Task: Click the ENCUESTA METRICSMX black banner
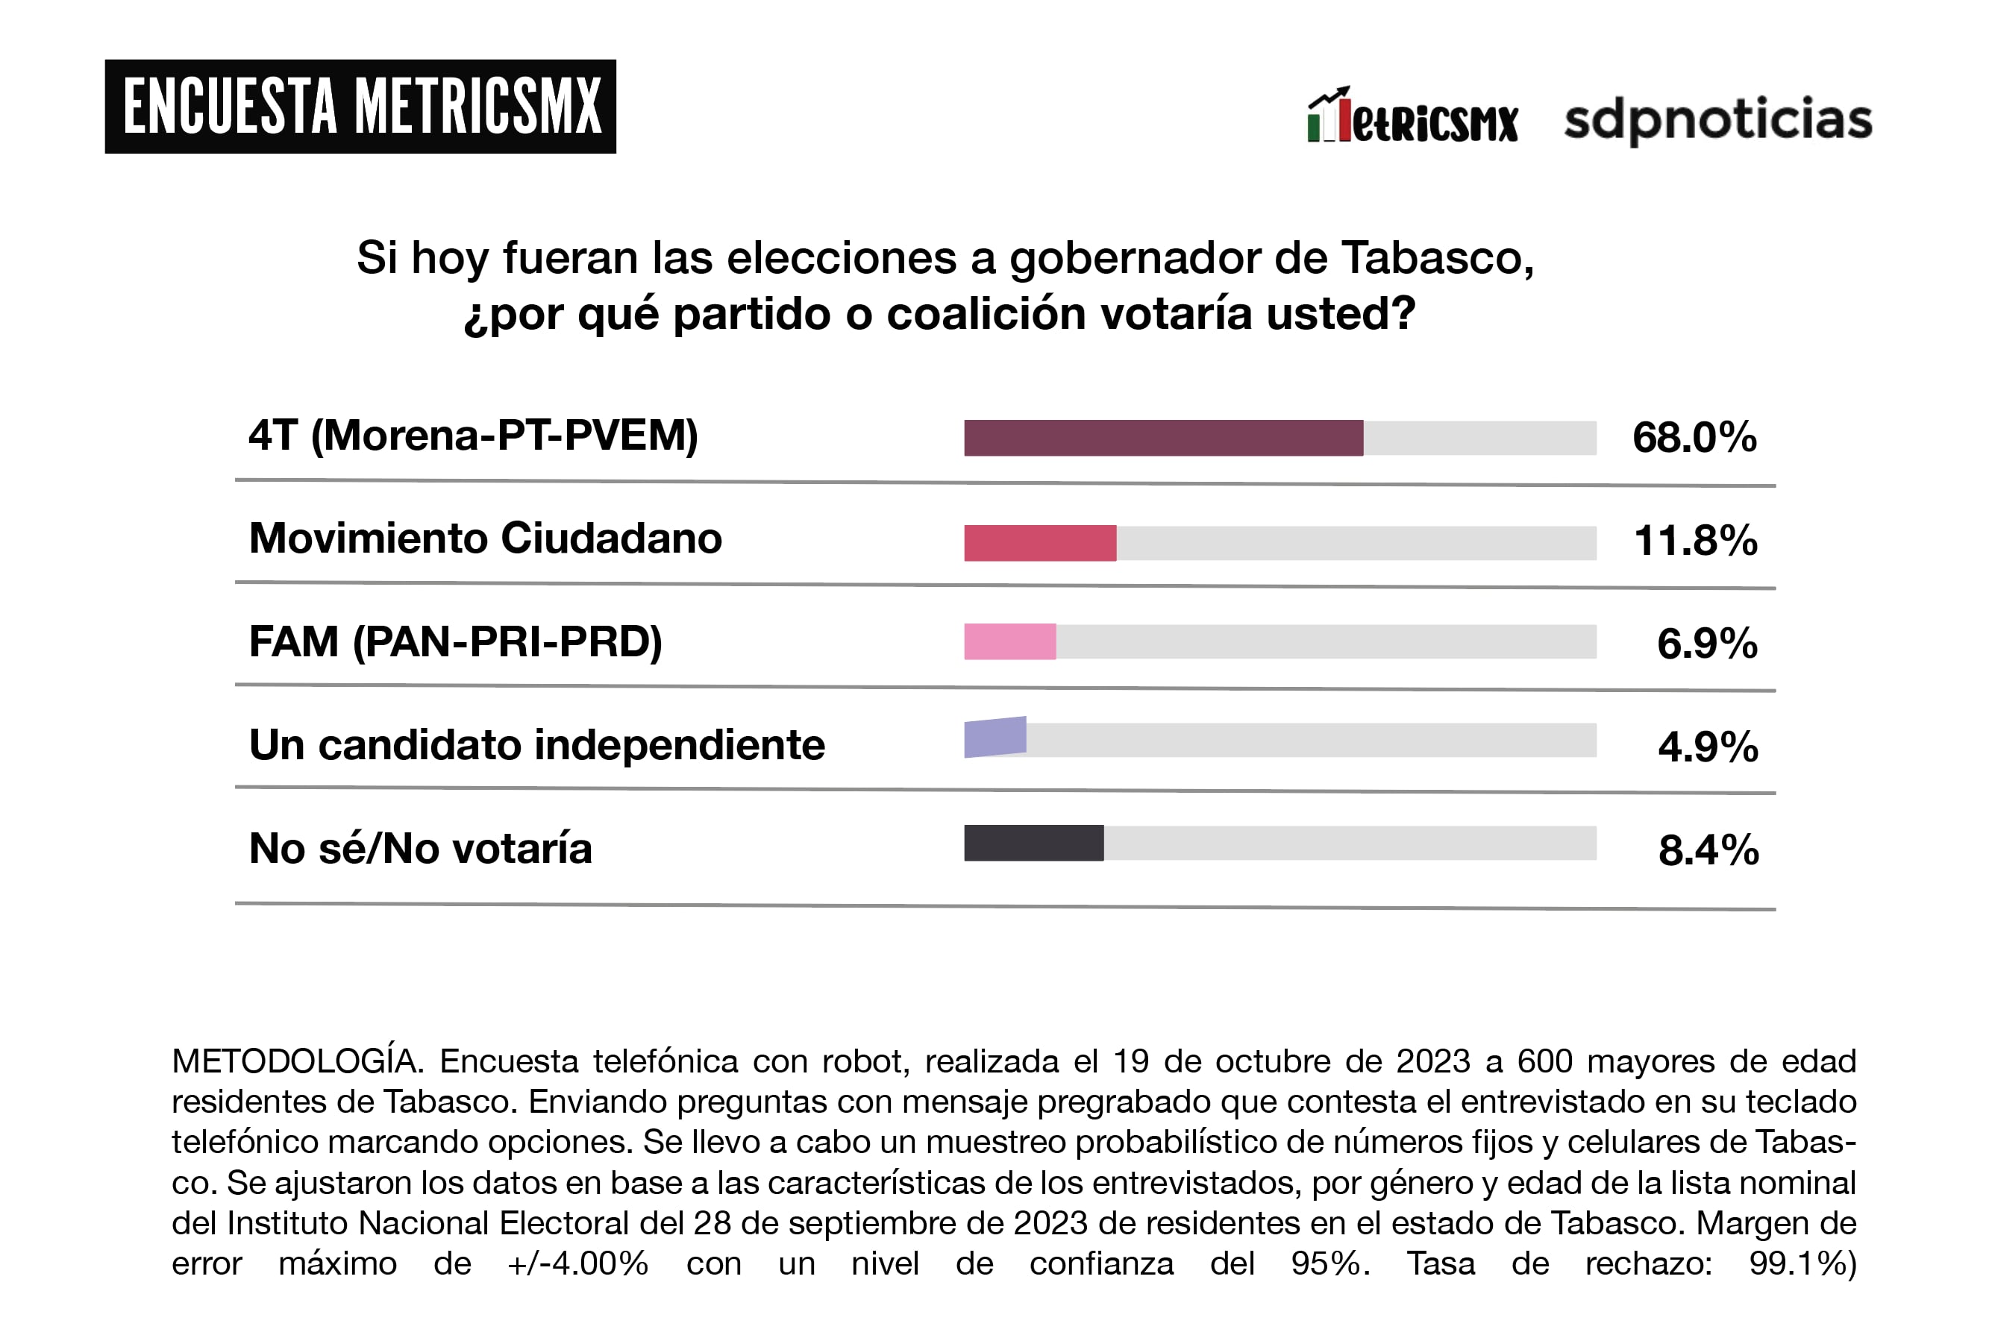(x=360, y=107)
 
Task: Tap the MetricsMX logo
(x=1412, y=118)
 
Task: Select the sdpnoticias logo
(x=1717, y=119)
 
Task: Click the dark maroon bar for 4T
(x=1163, y=438)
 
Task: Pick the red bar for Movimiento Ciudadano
(x=1039, y=543)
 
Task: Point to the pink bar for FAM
(x=1009, y=641)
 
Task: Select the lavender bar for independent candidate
(x=995, y=738)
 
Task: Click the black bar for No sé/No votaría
(x=1033, y=843)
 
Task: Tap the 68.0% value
(x=1694, y=438)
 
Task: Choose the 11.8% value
(x=1695, y=541)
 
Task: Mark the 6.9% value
(x=1707, y=644)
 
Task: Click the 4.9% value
(x=1708, y=747)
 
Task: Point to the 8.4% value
(x=1708, y=850)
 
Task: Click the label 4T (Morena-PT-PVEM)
(x=473, y=436)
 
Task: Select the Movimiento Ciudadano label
(x=485, y=538)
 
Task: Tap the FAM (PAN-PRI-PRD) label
(x=455, y=641)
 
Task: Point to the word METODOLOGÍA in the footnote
(x=296, y=1061)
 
